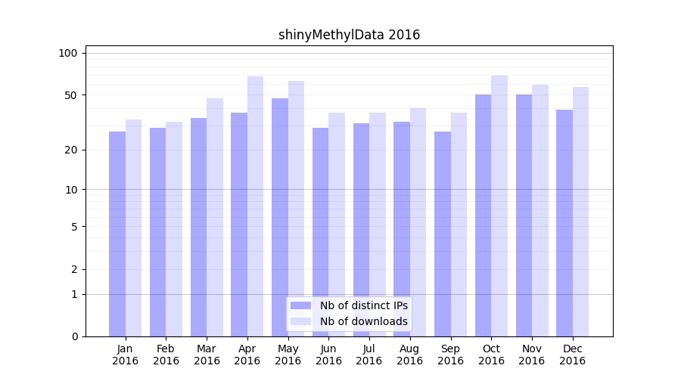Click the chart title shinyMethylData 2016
point(349,35)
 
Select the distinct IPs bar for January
point(117,234)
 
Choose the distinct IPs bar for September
point(443,234)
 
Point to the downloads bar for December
point(580,212)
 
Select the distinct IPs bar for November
point(524,215)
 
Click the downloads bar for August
point(418,222)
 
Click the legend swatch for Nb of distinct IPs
point(301,305)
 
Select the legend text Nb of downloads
point(364,321)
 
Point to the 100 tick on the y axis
point(69,53)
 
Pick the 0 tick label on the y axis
point(74,336)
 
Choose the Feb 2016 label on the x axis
point(166,355)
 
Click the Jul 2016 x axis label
point(369,355)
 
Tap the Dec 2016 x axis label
point(572,355)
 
